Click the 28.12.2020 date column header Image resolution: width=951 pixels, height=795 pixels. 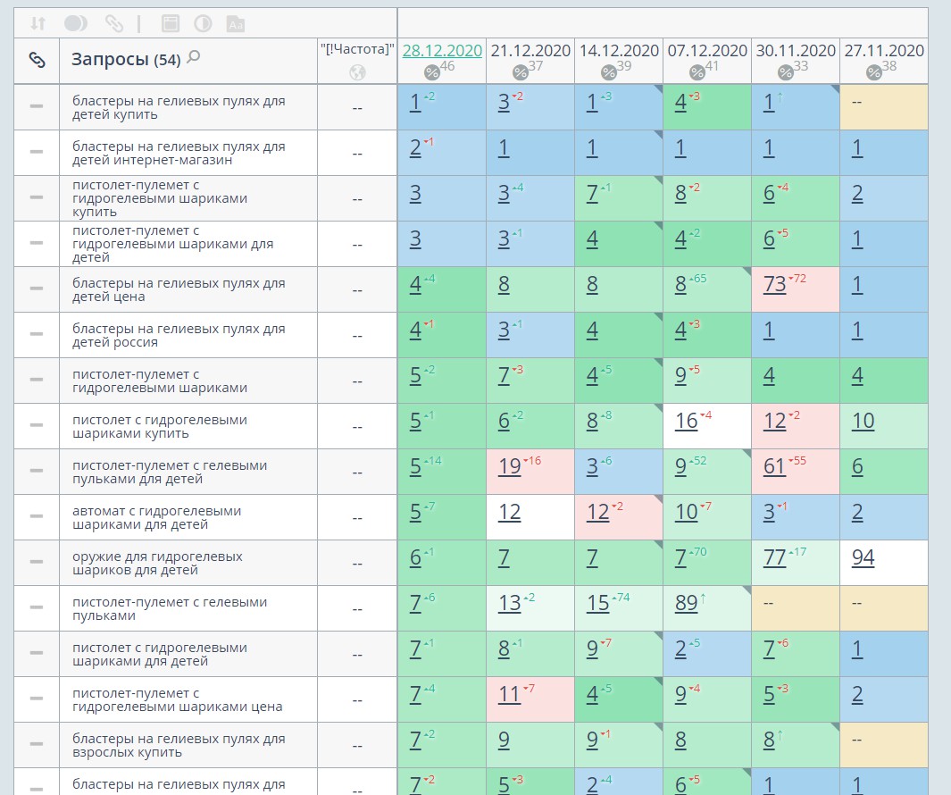click(x=442, y=51)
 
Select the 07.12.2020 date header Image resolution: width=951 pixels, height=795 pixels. click(x=707, y=51)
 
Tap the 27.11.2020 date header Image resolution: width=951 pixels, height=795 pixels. click(x=884, y=51)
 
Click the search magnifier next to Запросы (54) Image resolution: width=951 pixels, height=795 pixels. click(x=193, y=58)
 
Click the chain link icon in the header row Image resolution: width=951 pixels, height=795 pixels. click(x=37, y=60)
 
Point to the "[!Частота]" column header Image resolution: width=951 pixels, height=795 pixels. click(x=357, y=50)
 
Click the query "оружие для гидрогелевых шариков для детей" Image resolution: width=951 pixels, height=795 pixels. click(x=157, y=563)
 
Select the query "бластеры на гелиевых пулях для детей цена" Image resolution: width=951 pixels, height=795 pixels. click(x=179, y=289)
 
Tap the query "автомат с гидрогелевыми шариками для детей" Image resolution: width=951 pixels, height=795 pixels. click(x=157, y=517)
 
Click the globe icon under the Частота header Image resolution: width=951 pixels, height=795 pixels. click(x=357, y=72)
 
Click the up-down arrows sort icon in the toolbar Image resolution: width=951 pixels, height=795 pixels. click(x=38, y=23)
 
